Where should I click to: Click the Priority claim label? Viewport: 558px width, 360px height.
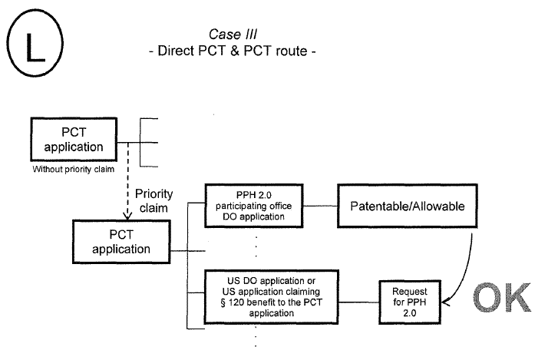(x=153, y=202)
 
